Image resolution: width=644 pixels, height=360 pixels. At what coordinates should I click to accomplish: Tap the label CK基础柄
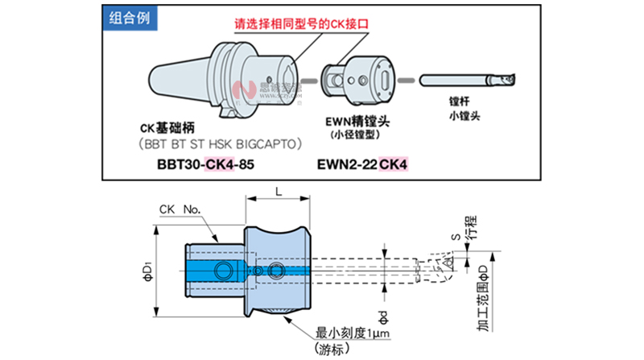[167, 129]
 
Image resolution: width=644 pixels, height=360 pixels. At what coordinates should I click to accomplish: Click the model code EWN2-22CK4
[360, 164]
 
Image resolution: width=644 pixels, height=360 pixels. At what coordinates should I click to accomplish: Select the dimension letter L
[278, 190]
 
